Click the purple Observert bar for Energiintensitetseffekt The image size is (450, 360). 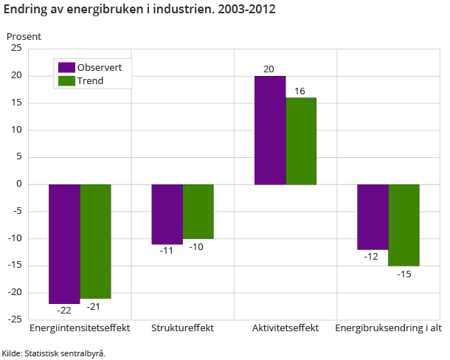[x=64, y=243]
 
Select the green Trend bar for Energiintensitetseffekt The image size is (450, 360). [x=95, y=241]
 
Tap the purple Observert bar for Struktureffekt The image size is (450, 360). [x=167, y=214]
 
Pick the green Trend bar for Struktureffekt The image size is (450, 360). [x=198, y=212]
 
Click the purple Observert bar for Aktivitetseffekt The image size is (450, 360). [x=270, y=130]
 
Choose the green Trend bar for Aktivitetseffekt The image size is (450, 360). [x=301, y=141]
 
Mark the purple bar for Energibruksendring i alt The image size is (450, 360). [x=373, y=217]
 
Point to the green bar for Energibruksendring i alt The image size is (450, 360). [x=404, y=225]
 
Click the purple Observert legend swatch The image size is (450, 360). [x=66, y=67]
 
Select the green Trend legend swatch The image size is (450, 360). [x=66, y=80]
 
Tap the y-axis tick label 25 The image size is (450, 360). [x=15, y=49]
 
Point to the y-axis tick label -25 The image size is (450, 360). [x=14, y=319]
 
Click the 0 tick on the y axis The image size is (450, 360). [x=19, y=184]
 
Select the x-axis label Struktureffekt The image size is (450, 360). [x=182, y=328]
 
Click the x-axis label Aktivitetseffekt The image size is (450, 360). [x=285, y=328]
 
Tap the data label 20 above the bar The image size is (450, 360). [x=269, y=69]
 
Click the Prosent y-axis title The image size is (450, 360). [x=24, y=36]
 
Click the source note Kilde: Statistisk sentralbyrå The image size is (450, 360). [x=54, y=353]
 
